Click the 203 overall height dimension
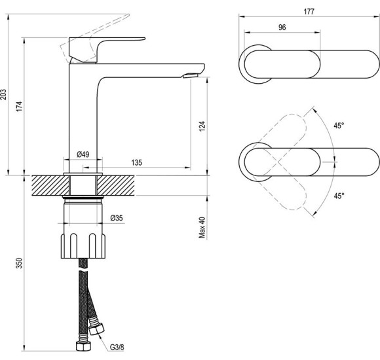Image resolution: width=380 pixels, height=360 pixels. click(x=3, y=94)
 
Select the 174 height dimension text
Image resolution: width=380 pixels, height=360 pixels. click(x=19, y=106)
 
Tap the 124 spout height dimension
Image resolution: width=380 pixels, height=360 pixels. click(x=202, y=126)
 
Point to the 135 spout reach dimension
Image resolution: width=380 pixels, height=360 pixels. click(x=137, y=162)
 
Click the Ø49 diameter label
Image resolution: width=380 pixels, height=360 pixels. click(x=83, y=154)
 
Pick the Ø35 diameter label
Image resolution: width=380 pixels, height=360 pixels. click(x=117, y=218)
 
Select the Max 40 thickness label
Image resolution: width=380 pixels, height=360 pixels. click(x=202, y=228)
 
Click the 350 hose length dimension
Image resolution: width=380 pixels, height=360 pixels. click(x=19, y=263)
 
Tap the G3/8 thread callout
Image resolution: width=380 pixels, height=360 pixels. click(x=117, y=348)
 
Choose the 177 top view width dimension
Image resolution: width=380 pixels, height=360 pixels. click(x=309, y=12)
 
